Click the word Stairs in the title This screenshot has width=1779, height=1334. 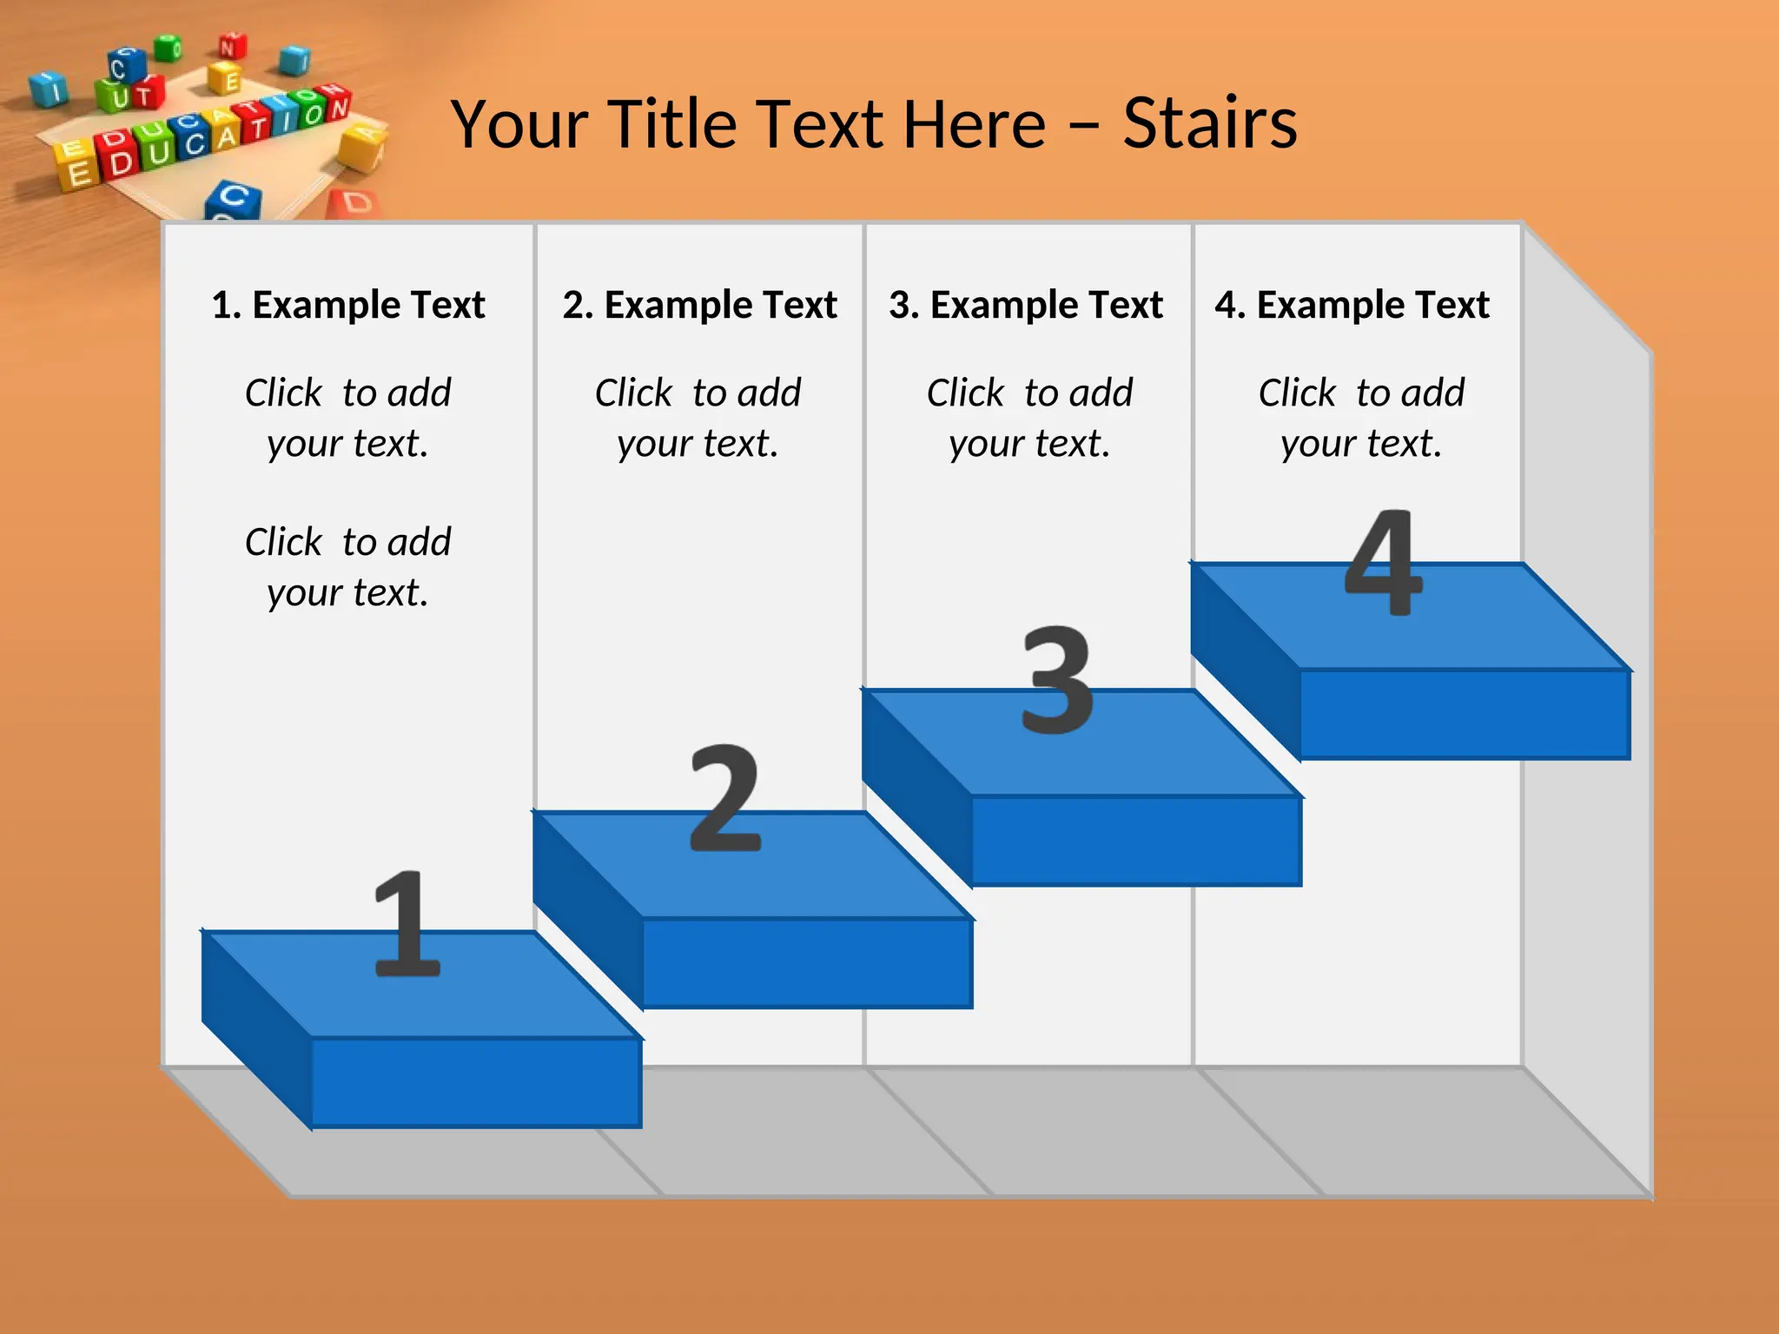click(1209, 124)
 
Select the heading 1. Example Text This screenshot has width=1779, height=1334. click(348, 305)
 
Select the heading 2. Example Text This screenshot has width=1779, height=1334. click(699, 305)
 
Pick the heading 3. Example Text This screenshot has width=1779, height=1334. click(1026, 305)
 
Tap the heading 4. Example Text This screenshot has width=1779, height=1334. click(1352, 305)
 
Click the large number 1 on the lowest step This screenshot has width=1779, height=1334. click(407, 923)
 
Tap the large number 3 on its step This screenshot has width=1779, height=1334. click(1056, 679)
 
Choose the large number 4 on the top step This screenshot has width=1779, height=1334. click(1383, 562)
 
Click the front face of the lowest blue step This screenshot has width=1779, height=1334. click(476, 1082)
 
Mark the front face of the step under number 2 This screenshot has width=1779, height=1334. click(807, 963)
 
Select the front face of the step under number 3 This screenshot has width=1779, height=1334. click(1135, 841)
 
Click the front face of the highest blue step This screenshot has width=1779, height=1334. click(1465, 714)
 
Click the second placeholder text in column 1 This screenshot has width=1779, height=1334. click(347, 567)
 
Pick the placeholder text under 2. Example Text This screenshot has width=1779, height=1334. click(698, 418)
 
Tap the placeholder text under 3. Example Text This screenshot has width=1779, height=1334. click(1029, 418)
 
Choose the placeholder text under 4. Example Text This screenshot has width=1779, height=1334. click(1361, 418)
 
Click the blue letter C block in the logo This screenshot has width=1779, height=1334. click(232, 200)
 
